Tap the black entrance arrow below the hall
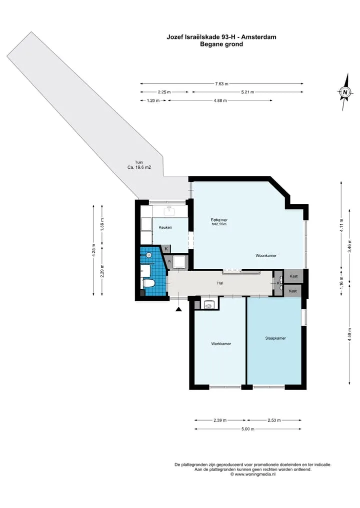click(x=178, y=310)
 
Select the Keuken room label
click(x=165, y=227)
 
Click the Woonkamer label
click(x=266, y=256)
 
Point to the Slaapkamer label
click(x=275, y=338)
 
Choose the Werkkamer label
click(x=221, y=344)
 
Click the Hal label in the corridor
click(x=220, y=283)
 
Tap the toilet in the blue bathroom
click(x=148, y=283)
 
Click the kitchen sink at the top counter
click(x=169, y=211)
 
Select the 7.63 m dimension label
click(x=221, y=84)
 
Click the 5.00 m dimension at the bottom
click(x=248, y=429)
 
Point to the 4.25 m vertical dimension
click(x=93, y=250)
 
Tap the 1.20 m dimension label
click(x=153, y=101)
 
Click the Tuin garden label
click(x=139, y=162)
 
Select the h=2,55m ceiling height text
click(x=219, y=224)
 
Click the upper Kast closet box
click(x=293, y=276)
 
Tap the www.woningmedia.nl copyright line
click(x=253, y=474)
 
